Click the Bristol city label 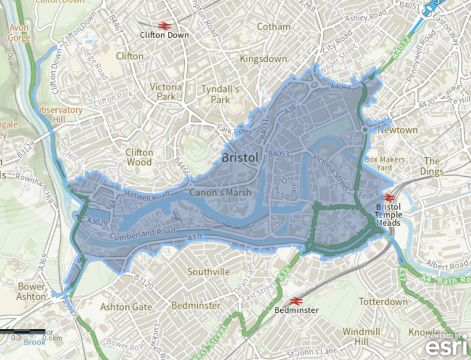point(240,158)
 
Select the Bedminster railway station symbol point(297,300)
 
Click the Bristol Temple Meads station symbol point(389,198)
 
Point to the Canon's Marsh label point(220,192)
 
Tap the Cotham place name point(274,27)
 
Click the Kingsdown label point(263,59)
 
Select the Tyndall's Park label point(220,94)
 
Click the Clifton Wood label point(140,157)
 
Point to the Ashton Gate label point(126,307)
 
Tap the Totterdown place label point(383,302)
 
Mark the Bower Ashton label point(31,291)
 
